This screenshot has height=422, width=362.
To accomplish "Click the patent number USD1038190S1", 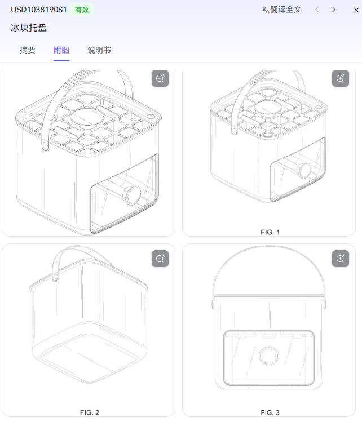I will click(38, 10).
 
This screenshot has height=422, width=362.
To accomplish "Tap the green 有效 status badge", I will click(82, 10).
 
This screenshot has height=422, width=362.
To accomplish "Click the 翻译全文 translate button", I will click(281, 10).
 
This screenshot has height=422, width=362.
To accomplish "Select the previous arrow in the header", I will click(317, 10).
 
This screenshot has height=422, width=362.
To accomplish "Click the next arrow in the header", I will click(334, 10).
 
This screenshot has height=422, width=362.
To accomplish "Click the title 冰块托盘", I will click(29, 28).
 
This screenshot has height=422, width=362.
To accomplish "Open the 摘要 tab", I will click(28, 50).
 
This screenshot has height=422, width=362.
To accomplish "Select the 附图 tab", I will click(61, 50).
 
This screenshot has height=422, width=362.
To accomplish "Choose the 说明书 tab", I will click(99, 50).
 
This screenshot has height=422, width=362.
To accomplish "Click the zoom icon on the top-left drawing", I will click(160, 79).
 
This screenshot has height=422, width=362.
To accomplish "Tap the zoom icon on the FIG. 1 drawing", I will click(341, 79).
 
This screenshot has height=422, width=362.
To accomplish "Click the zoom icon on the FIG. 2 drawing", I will click(160, 259).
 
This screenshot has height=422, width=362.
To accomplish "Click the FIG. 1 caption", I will click(270, 232).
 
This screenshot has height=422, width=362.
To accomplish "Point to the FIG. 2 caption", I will click(89, 412).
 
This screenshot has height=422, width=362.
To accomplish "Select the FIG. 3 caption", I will click(270, 412).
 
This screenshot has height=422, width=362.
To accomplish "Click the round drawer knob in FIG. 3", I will click(268, 356).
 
